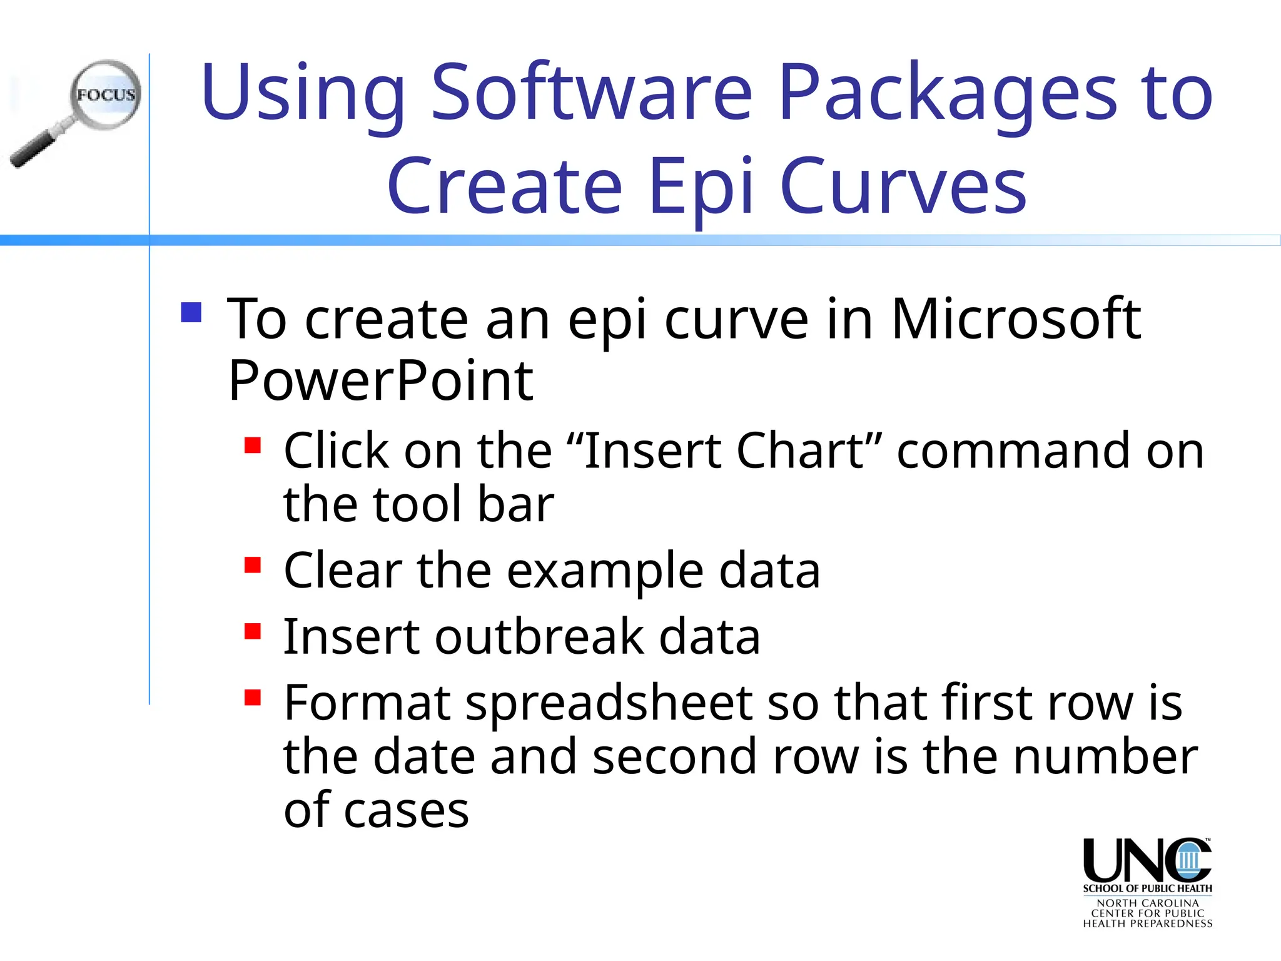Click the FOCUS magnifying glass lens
pyautogui.click(x=106, y=95)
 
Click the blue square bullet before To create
pyautogui.click(x=191, y=313)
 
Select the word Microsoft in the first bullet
pyautogui.click(x=1016, y=319)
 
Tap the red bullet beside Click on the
pyautogui.click(x=253, y=445)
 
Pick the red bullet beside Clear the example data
pyautogui.click(x=253, y=566)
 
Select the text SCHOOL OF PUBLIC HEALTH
pyautogui.click(x=1147, y=888)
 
